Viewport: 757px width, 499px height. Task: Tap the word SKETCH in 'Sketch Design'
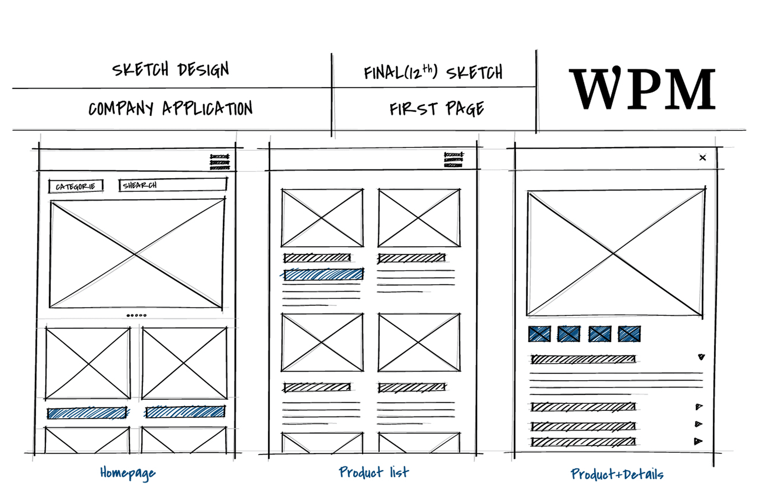click(x=140, y=69)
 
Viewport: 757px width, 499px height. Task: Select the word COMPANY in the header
click(x=120, y=108)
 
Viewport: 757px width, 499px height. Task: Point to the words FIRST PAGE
click(x=436, y=109)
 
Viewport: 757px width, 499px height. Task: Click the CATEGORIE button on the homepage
click(x=75, y=186)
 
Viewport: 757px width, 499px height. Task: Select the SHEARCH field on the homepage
click(x=173, y=185)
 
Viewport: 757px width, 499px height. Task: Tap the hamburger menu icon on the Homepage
click(x=220, y=162)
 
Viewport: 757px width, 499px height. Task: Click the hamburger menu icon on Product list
click(x=453, y=160)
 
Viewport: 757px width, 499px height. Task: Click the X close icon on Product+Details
click(x=702, y=158)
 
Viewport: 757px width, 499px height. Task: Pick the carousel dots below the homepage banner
click(x=136, y=315)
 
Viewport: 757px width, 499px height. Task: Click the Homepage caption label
click(x=128, y=473)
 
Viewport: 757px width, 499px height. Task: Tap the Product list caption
click(x=374, y=472)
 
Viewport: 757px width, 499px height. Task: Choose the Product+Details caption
click(x=617, y=474)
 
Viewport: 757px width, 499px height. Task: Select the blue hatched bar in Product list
click(x=323, y=274)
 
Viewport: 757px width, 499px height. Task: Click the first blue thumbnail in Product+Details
click(x=539, y=334)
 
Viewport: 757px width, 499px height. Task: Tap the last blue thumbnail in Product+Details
click(x=629, y=334)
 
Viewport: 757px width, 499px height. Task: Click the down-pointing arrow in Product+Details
click(x=701, y=357)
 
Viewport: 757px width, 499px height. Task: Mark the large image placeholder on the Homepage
click(x=137, y=254)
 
